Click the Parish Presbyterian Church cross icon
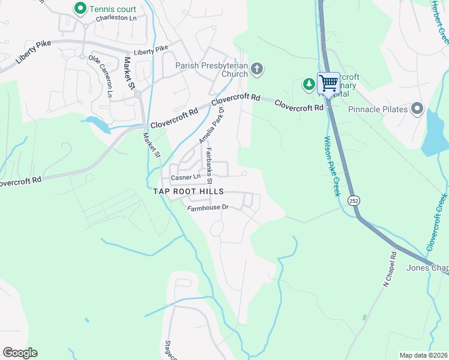257,68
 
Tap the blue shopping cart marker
328,83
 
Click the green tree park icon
309,84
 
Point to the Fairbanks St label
209,166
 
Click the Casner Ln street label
185,178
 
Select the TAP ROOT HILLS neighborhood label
188,191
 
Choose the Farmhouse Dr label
208,208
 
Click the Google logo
20,353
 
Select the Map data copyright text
423,355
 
